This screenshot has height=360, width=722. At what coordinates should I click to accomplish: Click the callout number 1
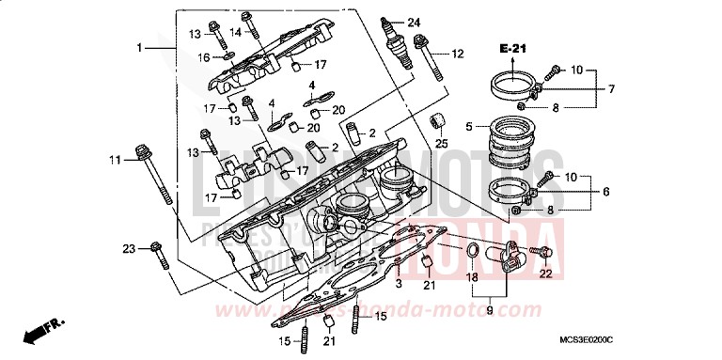pyautogui.click(x=138, y=47)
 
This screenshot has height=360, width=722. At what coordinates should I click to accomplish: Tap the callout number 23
pyautogui.click(x=130, y=248)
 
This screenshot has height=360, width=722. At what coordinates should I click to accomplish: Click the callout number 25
pyautogui.click(x=440, y=144)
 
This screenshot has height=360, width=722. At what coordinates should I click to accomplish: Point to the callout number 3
pyautogui.click(x=398, y=283)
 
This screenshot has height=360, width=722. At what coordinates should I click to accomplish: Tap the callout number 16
pyautogui.click(x=204, y=57)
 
